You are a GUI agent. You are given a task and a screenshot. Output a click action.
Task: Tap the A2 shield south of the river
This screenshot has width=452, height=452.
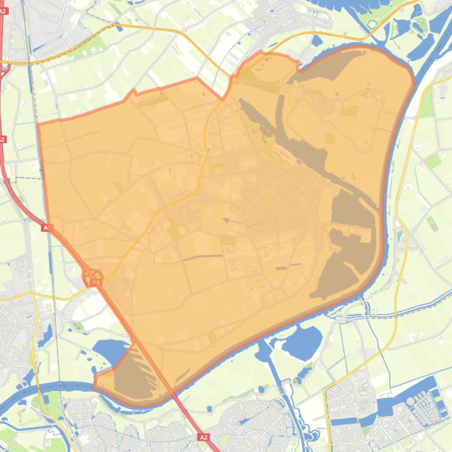coord(203,437)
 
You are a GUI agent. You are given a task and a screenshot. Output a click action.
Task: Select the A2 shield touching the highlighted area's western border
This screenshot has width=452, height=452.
coord(48,227)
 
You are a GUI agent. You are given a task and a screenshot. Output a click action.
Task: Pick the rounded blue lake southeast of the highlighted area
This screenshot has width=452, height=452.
coord(302,340)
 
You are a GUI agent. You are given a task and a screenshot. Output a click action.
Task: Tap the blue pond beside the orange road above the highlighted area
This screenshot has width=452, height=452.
coord(317,41)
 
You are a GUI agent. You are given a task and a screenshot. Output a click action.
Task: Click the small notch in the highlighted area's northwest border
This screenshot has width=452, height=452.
coord(134,92)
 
